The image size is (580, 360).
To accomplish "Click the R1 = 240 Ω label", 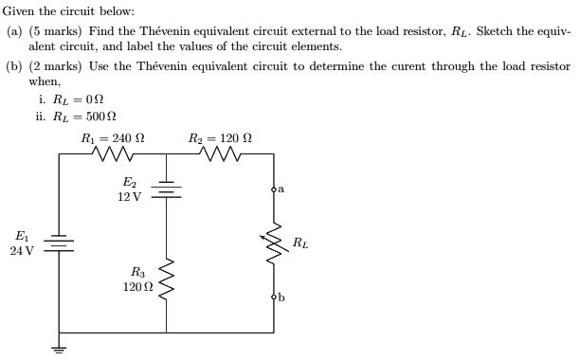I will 113,138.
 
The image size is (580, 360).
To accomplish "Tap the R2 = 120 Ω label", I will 220,138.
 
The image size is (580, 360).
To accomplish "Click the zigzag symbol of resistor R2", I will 220,153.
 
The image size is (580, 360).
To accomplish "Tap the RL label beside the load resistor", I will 299,243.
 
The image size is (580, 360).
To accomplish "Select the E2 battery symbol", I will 167,189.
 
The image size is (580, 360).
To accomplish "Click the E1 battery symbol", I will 60,243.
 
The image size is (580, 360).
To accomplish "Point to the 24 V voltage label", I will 22,251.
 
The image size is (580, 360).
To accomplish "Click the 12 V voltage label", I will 129,197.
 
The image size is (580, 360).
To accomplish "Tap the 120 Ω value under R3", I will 137,286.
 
